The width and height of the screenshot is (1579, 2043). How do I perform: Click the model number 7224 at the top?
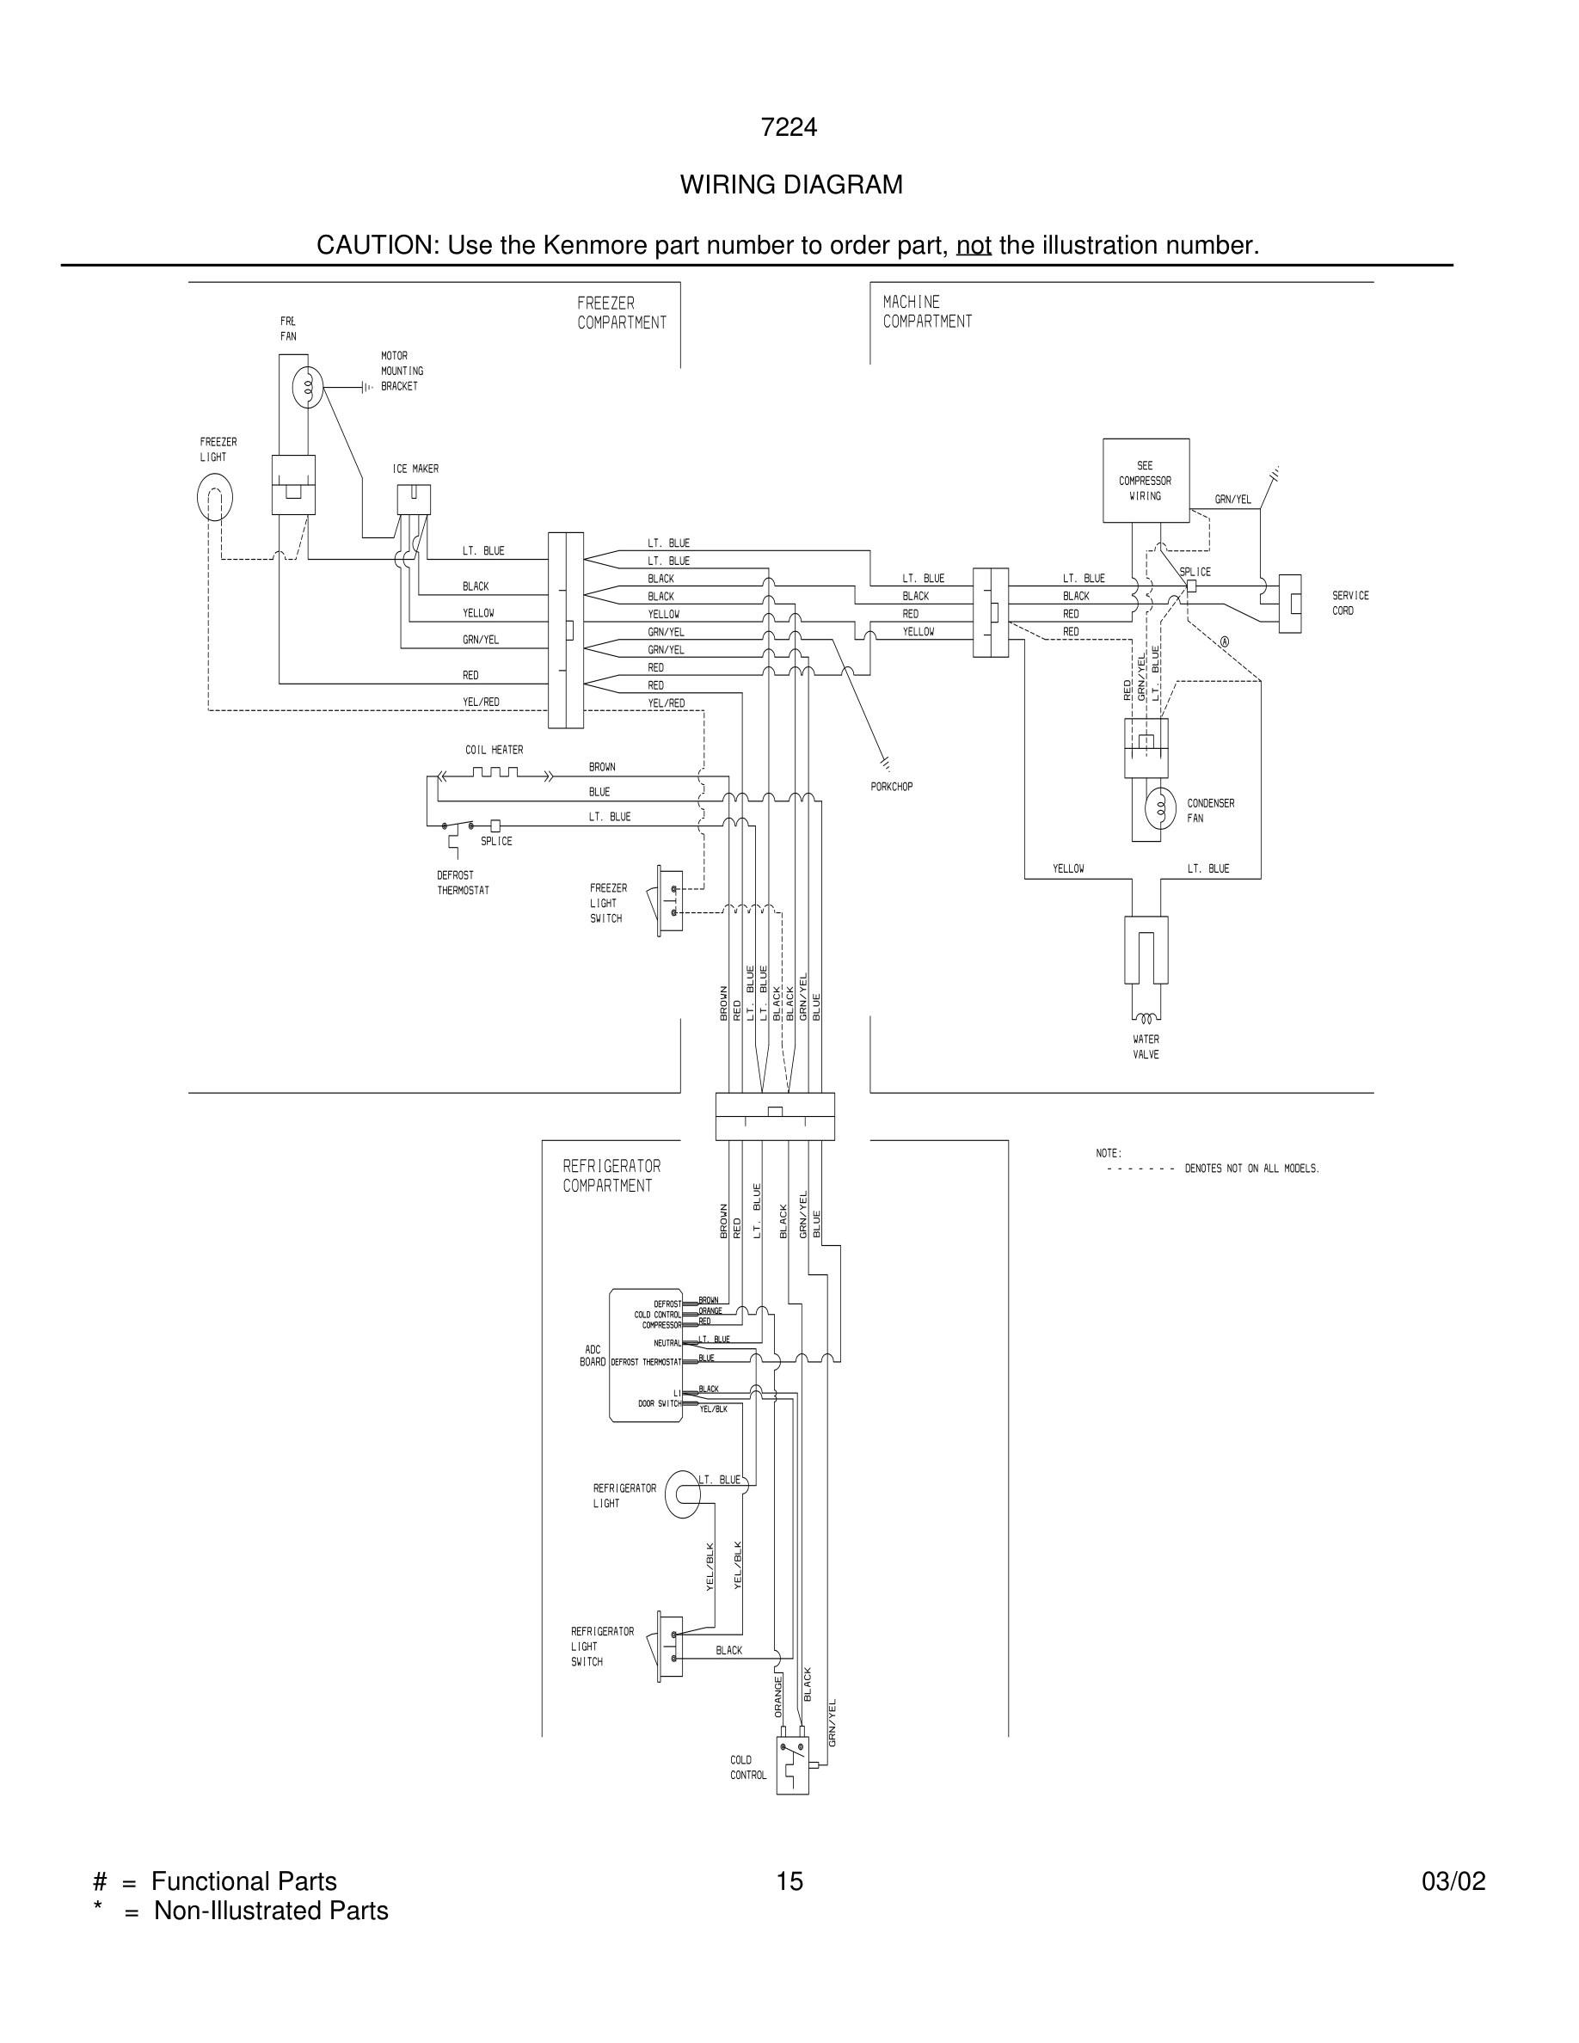pos(789,127)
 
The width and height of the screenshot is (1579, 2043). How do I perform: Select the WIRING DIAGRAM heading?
pos(790,185)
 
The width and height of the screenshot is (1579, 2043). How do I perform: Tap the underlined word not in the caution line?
pos(973,245)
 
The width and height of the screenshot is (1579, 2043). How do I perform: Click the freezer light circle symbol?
pos(214,498)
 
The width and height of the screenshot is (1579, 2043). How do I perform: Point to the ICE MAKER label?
pos(415,469)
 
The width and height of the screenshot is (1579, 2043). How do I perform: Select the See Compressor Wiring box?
pos(1145,480)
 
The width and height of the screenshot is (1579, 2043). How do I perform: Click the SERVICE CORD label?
pos(1350,603)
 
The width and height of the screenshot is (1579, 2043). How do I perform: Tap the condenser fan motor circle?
pos(1160,808)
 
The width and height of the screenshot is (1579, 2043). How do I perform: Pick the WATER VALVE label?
pos(1145,1046)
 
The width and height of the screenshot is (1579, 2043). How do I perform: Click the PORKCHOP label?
pos(890,787)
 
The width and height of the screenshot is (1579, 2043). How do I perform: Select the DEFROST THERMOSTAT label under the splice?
pos(462,883)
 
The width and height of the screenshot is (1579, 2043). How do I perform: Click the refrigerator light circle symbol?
pos(682,1493)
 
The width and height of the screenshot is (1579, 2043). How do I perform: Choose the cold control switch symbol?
pos(792,1764)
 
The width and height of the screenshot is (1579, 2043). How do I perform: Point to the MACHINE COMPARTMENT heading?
pos(926,311)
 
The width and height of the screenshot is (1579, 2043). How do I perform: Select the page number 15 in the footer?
pos(789,1881)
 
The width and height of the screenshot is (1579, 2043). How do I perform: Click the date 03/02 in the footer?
pos(1453,1881)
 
